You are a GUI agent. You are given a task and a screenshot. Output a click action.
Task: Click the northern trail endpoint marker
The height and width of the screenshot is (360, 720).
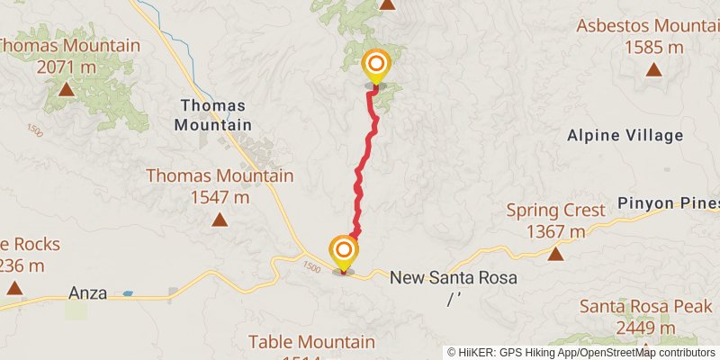coord(375,65)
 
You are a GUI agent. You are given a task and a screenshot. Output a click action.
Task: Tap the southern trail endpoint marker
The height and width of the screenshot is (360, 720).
coord(344,249)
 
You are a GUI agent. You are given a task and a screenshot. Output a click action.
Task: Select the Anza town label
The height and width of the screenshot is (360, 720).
coord(88,292)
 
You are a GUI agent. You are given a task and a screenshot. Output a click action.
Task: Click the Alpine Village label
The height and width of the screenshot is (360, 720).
coord(625,136)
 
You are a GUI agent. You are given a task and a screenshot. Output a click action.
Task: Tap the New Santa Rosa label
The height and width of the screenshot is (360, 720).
coord(454,278)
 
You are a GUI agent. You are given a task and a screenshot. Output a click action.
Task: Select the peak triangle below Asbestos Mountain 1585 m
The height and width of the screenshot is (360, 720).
coord(653,69)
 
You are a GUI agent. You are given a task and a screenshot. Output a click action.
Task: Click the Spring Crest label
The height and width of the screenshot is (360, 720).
coord(555,211)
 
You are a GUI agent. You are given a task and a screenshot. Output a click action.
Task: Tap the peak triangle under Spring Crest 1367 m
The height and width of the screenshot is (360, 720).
coord(555,255)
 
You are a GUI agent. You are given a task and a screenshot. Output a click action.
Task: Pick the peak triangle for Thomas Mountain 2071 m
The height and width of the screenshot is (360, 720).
coord(66,89)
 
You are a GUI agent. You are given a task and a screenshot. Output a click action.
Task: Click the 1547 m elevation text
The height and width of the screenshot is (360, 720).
coord(220,196)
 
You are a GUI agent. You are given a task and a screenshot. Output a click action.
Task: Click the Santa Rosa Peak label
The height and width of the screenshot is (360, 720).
coord(641,306)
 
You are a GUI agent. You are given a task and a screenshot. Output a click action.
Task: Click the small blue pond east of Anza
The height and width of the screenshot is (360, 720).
coord(128,293)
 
